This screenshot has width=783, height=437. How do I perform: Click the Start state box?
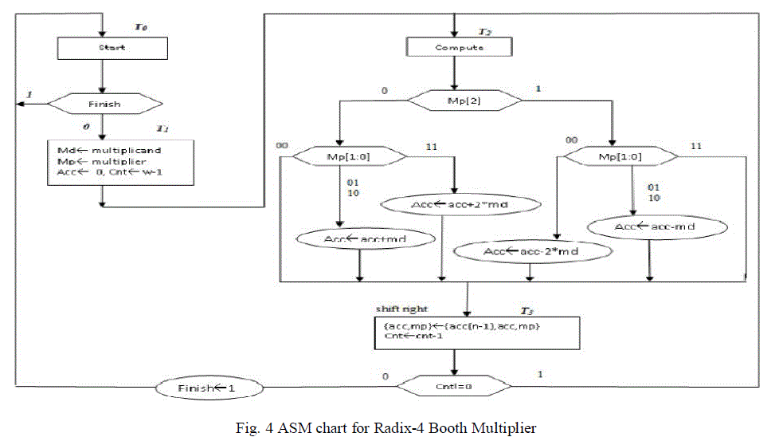point(112,47)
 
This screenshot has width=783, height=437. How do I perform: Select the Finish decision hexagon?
point(104,103)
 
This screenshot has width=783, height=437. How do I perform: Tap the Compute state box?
point(459,47)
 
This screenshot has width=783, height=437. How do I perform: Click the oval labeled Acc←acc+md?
point(367,238)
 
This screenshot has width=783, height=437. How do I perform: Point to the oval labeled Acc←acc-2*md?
point(532,252)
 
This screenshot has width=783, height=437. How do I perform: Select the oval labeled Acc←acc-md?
point(657,227)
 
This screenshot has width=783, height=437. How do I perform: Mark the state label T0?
point(140,28)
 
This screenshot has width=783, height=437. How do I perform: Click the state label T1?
point(162,128)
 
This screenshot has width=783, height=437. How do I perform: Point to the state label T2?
point(484,31)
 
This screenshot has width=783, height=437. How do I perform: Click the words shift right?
point(401,309)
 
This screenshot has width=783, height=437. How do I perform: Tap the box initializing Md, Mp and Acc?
point(119,163)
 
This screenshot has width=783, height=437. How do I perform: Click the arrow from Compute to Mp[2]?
point(454,74)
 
